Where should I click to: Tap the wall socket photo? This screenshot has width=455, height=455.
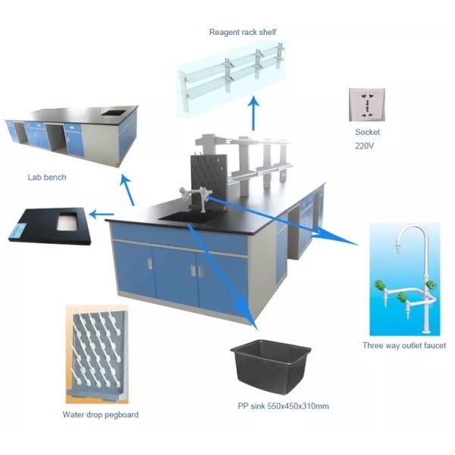pos(366,105)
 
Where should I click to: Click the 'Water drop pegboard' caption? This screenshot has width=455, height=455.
pos(100,415)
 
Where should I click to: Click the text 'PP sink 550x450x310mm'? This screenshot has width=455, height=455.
pos(283,406)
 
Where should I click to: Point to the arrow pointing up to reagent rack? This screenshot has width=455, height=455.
pos(253,107)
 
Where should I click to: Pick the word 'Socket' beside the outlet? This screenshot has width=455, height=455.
pos(366,132)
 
